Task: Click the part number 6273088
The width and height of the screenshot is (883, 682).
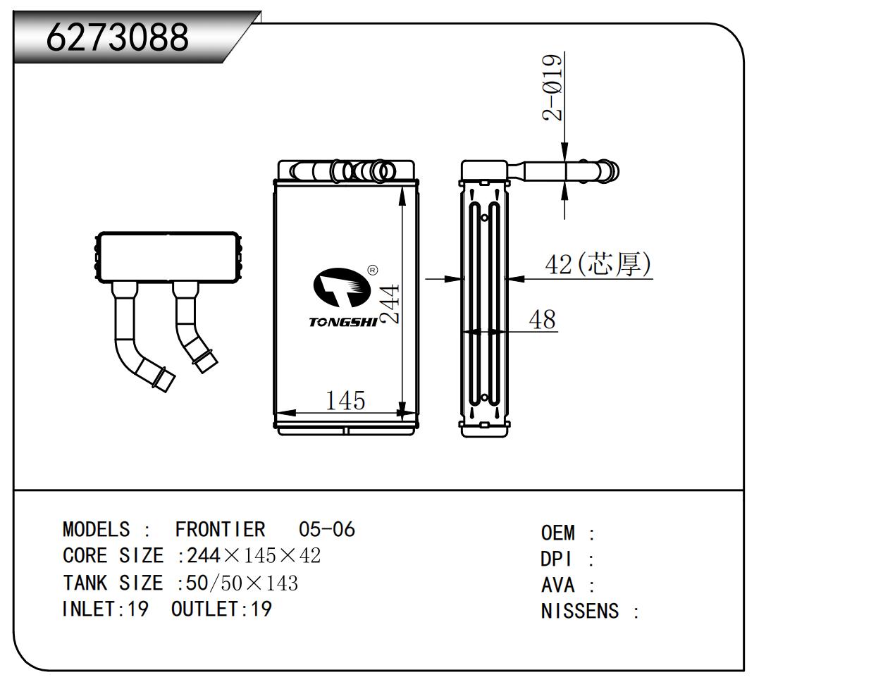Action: pyautogui.click(x=118, y=37)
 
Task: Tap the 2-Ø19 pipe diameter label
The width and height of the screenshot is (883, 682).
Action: pyautogui.click(x=554, y=87)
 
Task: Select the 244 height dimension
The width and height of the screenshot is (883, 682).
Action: pyautogui.click(x=390, y=303)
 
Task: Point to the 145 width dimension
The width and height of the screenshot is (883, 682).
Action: pyautogui.click(x=345, y=400)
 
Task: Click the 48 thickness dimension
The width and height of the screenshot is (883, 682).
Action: pyautogui.click(x=542, y=319)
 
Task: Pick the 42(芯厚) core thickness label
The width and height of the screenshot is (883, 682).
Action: pyautogui.click(x=598, y=264)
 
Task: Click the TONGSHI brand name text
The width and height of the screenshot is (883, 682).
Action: pyautogui.click(x=342, y=322)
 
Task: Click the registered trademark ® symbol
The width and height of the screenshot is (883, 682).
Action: pyautogui.click(x=373, y=269)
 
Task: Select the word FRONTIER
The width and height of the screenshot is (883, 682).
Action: pyautogui.click(x=220, y=529)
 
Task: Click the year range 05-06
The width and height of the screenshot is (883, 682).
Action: pyautogui.click(x=326, y=529)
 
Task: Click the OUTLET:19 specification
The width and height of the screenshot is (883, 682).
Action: pyautogui.click(x=221, y=609)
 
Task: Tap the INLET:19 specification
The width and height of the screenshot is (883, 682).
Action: pyautogui.click(x=106, y=609)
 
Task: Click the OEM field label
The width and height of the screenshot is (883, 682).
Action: pyautogui.click(x=558, y=533)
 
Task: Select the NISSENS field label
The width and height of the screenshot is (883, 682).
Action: pyautogui.click(x=580, y=611)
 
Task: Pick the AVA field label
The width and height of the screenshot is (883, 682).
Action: pyautogui.click(x=558, y=585)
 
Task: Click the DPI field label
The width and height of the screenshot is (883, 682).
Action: pyautogui.click(x=557, y=559)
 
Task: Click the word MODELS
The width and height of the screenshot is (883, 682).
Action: pyautogui.click(x=97, y=529)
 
